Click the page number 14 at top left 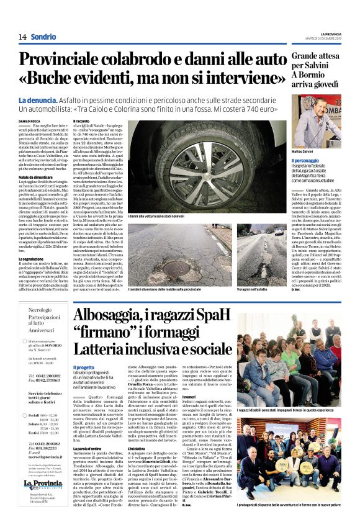pos(22,37)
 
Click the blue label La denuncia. pos(37,101)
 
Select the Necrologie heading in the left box pos(40,310)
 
